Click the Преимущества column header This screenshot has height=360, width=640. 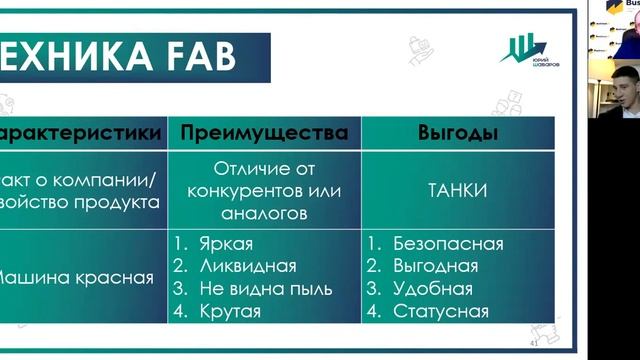[264, 132]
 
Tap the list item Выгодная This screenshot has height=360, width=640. [435, 267]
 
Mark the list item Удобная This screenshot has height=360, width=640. [432, 290]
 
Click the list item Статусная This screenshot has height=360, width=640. [441, 312]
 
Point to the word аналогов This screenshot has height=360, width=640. [264, 212]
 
